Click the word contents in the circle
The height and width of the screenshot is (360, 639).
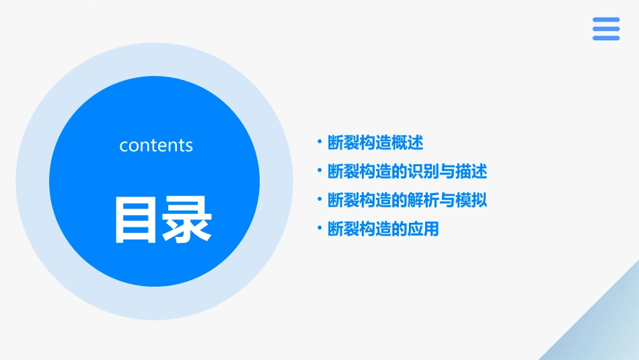[156, 145]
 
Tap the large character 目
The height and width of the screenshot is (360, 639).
[138, 219]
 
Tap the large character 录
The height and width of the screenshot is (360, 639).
[188, 219]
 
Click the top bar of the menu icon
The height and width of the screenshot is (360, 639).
[606, 20]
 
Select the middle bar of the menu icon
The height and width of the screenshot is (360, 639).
[606, 29]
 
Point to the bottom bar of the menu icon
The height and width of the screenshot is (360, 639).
[606, 38]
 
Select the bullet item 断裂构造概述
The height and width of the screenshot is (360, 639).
[375, 143]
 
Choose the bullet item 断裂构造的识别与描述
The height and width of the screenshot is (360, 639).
[407, 172]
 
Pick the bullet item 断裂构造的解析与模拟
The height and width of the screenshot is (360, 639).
[407, 200]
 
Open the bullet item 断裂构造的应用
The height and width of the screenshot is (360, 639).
[383, 229]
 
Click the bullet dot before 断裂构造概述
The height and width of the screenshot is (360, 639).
[320, 142]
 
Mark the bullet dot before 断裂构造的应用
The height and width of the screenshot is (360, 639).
[320, 228]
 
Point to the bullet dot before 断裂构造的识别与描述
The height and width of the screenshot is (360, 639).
[320, 171]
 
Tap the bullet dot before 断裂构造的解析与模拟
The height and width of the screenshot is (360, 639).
[320, 199]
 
